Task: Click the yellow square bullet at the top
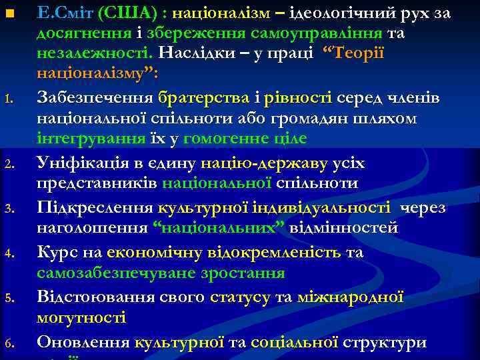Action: pos(9,14)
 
